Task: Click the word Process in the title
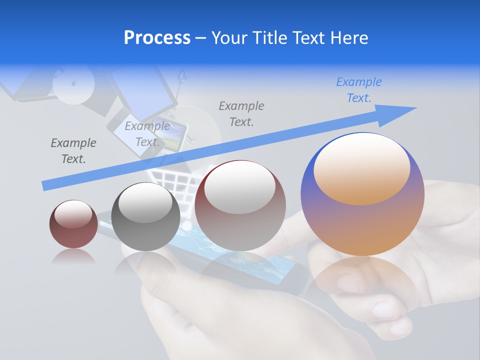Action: (157, 38)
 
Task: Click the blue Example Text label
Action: (358, 90)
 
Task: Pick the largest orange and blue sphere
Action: (362, 200)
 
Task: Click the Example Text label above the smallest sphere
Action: (73, 151)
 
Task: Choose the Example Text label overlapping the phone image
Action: (147, 134)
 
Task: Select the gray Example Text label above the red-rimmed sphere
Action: (241, 113)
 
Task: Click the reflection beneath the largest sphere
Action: (362, 280)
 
